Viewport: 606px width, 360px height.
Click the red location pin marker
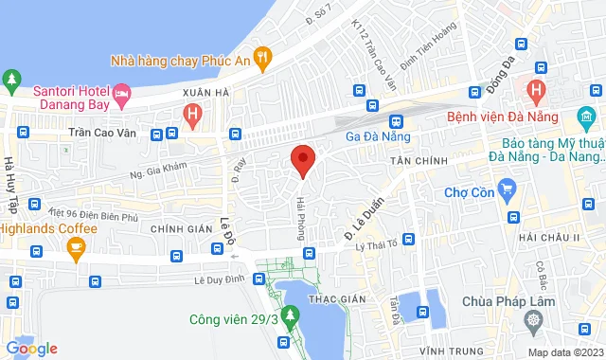(302, 160)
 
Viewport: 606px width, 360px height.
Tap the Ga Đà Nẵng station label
(376, 135)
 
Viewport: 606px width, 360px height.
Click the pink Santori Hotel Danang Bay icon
(121, 94)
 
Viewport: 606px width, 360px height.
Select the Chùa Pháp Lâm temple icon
(537, 320)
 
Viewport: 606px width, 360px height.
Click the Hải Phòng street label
(302, 217)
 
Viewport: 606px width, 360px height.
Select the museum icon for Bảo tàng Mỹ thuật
(583, 117)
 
